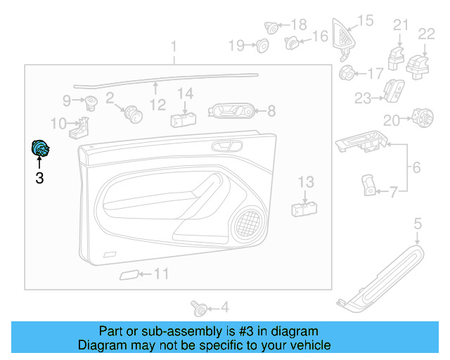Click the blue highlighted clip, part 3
coord(39,149)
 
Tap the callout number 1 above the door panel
coord(174,47)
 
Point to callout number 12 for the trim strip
coord(157,105)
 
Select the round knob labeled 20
coord(422,118)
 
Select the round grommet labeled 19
coord(262,46)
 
